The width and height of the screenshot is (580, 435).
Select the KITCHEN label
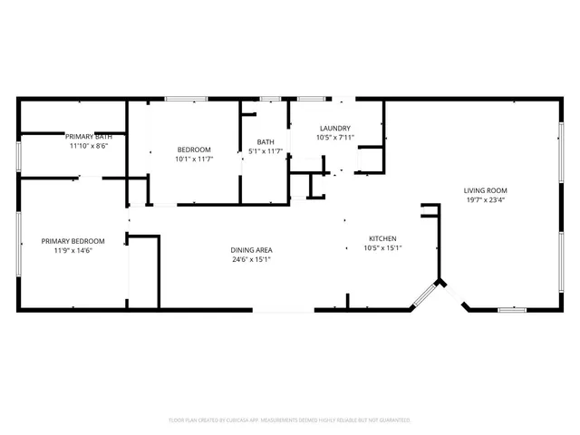(382, 238)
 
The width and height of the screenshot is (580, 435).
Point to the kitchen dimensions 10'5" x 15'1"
(382, 247)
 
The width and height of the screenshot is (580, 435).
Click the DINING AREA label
(251, 250)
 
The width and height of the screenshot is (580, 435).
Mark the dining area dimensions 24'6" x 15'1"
(251, 259)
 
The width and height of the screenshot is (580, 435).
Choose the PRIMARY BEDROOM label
(72, 241)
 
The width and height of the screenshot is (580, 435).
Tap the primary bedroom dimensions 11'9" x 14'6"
(72, 250)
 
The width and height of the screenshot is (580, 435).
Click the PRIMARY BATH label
(89, 136)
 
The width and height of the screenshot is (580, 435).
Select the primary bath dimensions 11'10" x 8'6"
(89, 145)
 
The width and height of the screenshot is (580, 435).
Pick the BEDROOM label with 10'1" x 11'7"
(193, 150)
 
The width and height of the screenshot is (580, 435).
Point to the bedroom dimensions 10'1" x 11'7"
(193, 159)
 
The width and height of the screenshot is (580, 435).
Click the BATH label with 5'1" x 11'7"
(266, 141)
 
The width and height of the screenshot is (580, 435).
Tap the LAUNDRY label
(335, 129)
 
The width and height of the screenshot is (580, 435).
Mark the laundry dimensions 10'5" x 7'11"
(335, 138)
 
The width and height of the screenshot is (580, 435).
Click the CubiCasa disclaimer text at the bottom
(290, 420)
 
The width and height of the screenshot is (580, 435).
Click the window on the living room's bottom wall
(512, 310)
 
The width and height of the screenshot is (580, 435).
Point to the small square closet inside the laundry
(370, 161)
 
